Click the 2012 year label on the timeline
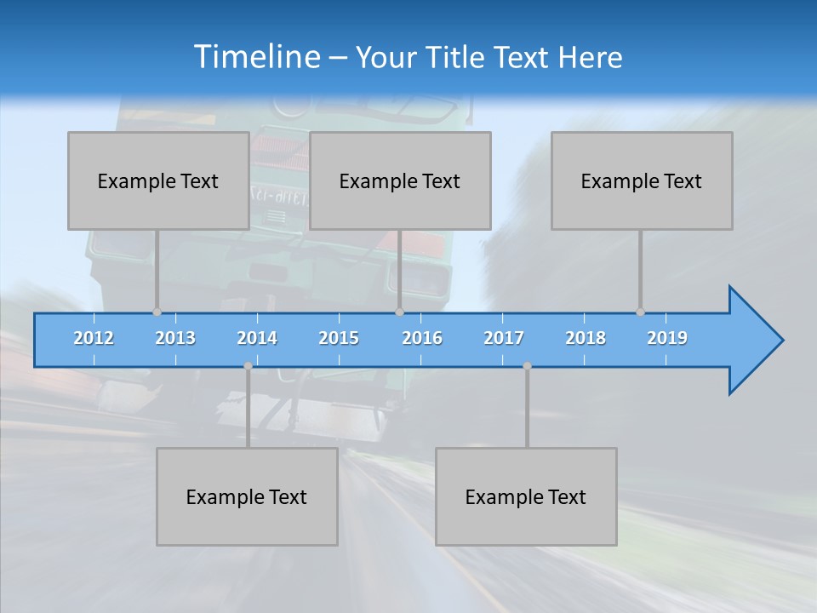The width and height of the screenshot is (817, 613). pyautogui.click(x=94, y=338)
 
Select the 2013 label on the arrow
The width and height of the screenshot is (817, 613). pyautogui.click(x=175, y=338)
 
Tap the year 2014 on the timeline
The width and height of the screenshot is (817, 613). pyautogui.click(x=257, y=338)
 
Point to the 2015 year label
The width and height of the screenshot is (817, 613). pyautogui.click(x=339, y=338)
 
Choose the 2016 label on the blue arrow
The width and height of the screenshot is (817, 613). pyautogui.click(x=422, y=338)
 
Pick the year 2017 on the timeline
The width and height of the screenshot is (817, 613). pyautogui.click(x=504, y=338)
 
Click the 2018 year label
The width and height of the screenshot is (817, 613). pyautogui.click(x=586, y=338)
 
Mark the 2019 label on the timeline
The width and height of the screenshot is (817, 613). pyautogui.click(x=667, y=338)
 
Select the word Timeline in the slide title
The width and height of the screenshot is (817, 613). pyautogui.click(x=256, y=57)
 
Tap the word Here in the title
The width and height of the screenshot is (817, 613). pyautogui.click(x=590, y=57)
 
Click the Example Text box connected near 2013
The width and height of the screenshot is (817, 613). pyautogui.click(x=158, y=180)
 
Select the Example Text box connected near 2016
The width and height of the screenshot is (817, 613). pyautogui.click(x=400, y=180)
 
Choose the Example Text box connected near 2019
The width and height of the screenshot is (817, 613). pyautogui.click(x=642, y=180)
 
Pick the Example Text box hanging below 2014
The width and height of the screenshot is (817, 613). pyautogui.click(x=247, y=496)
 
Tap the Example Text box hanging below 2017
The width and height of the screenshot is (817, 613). pyautogui.click(x=526, y=496)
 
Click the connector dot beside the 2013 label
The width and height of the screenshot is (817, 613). pyautogui.click(x=157, y=312)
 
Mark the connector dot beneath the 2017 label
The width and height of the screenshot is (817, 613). pyautogui.click(x=527, y=366)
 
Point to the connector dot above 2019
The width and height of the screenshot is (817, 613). pyautogui.click(x=640, y=312)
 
